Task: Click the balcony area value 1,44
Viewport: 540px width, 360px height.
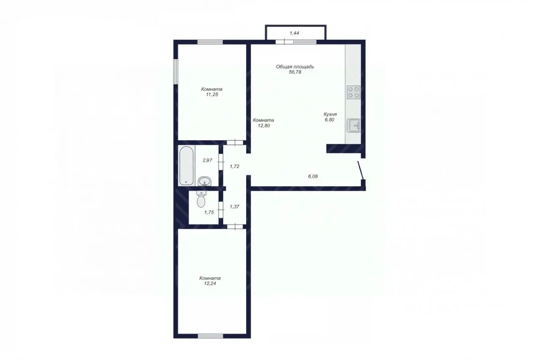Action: click(294, 33)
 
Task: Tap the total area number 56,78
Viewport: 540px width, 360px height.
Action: click(295, 72)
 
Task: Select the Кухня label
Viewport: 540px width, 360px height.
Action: click(330, 114)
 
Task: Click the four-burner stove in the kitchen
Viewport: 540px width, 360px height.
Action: click(354, 92)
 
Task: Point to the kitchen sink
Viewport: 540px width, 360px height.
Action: click(354, 125)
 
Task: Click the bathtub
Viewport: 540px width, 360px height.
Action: click(186, 165)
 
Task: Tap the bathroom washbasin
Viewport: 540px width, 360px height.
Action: click(205, 181)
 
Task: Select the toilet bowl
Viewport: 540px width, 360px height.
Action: click(201, 199)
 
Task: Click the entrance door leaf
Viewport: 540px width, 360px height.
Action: click(360, 171)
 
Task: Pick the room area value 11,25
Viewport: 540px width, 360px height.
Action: click(212, 95)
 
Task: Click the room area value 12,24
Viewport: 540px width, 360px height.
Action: click(210, 284)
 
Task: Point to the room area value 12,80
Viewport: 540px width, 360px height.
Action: click(264, 126)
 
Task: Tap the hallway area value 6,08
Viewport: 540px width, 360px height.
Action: click(313, 176)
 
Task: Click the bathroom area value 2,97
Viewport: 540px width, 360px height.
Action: click(207, 160)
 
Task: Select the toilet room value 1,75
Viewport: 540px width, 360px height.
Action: click(209, 213)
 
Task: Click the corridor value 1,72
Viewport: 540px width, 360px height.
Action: click(235, 166)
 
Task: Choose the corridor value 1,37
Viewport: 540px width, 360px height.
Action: click(235, 207)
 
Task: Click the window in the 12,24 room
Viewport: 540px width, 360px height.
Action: click(211, 336)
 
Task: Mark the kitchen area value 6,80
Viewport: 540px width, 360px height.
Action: click(329, 120)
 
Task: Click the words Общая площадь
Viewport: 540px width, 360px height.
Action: click(295, 67)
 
